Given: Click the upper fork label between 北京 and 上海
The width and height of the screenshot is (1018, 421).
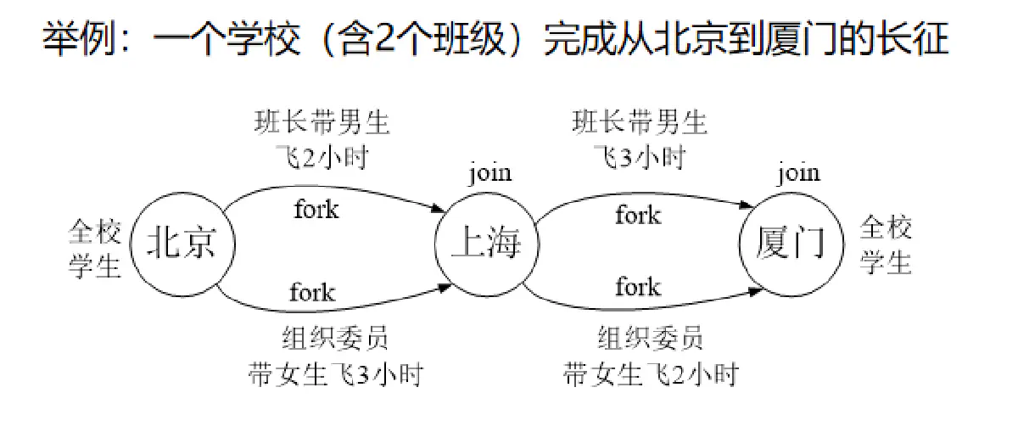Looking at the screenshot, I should click(x=316, y=209).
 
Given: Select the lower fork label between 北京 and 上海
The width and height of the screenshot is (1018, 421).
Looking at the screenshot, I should click(x=312, y=293).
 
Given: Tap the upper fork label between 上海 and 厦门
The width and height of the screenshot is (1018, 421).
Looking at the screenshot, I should click(x=638, y=215).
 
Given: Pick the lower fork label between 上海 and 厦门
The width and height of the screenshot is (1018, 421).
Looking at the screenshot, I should click(x=638, y=286).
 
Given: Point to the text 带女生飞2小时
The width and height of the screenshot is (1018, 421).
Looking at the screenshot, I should click(x=651, y=374).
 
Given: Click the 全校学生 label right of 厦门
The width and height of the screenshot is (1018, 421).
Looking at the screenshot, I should click(x=887, y=246).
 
